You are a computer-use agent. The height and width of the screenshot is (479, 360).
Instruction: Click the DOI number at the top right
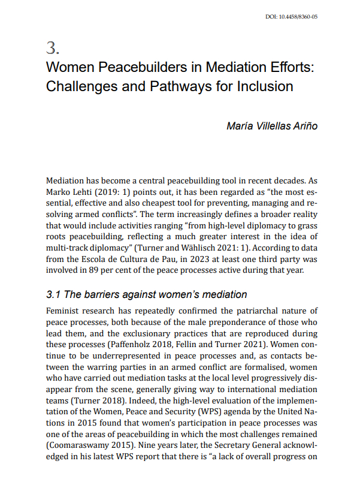coord(291,16)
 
